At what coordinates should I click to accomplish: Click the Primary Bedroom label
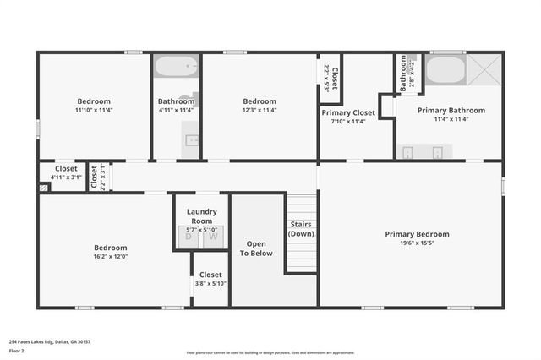(417, 234)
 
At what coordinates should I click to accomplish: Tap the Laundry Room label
(202, 216)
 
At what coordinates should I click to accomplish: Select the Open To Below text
(256, 248)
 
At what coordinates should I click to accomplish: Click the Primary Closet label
(347, 112)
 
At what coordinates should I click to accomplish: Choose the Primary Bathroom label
(451, 110)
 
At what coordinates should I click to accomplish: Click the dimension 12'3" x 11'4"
(260, 110)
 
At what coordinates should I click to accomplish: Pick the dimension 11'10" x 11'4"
(94, 110)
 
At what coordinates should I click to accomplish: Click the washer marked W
(213, 237)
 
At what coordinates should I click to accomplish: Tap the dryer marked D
(189, 237)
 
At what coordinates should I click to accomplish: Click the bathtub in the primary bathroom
(445, 69)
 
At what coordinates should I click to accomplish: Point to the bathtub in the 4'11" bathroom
(176, 66)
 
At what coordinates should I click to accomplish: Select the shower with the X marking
(485, 68)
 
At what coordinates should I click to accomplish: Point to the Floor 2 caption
(16, 350)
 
